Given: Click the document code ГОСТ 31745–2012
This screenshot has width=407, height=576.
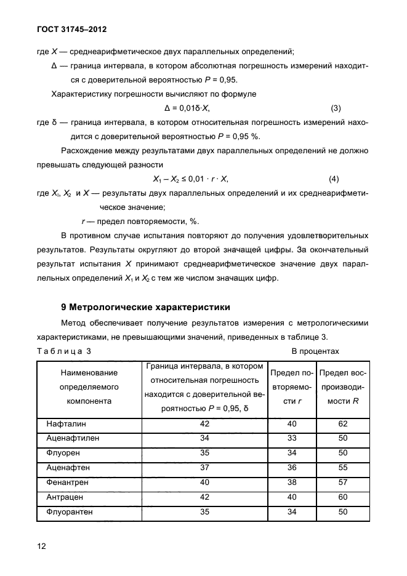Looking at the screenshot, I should click(72, 29).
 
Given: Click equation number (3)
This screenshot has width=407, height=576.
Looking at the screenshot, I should click(336, 108).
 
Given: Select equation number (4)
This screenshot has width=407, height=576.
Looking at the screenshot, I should click(334, 179).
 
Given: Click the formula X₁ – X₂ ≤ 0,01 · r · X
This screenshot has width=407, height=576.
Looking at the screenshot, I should click(190, 179).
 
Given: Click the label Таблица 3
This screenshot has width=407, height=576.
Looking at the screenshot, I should click(64, 351).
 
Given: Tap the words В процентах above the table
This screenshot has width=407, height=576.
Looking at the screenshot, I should click(315, 351).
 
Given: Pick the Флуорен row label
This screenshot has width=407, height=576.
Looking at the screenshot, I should click(62, 453).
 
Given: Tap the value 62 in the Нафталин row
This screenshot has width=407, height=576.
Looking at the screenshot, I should click(343, 424).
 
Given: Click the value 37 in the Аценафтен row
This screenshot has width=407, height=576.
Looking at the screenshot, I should click(205, 468).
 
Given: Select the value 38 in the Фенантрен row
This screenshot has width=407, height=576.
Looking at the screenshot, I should click(292, 482).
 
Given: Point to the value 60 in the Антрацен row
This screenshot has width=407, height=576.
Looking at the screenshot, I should click(343, 497).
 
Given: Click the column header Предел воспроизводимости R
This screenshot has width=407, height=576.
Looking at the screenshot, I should click(343, 387).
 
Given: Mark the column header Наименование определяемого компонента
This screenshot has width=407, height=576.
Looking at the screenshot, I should click(90, 387).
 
